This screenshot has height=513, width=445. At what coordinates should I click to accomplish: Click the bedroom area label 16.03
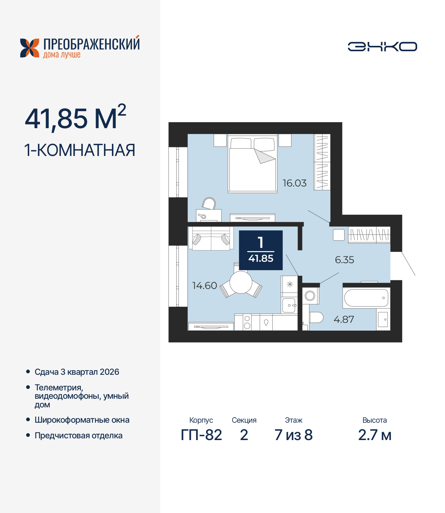[x=294, y=183]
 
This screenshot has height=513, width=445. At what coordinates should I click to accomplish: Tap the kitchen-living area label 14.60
[x=204, y=286]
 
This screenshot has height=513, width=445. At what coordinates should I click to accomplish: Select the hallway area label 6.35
[x=344, y=260]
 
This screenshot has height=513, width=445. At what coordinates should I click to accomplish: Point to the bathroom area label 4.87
[x=343, y=320]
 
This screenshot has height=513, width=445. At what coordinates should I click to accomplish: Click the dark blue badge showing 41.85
[x=261, y=250]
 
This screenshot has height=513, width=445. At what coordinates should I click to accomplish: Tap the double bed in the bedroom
[x=252, y=165]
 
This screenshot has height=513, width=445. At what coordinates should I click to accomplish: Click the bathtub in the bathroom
[x=366, y=298]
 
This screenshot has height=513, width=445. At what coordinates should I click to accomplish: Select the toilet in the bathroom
[x=316, y=317]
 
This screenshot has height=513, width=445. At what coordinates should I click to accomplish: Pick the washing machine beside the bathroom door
[x=310, y=296]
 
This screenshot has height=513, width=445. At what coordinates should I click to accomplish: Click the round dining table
[x=241, y=282]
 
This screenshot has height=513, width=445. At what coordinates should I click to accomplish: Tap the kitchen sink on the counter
[x=289, y=305]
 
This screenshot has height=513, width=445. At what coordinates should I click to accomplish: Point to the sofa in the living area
[x=211, y=239]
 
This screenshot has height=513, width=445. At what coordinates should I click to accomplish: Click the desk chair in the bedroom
[x=209, y=204]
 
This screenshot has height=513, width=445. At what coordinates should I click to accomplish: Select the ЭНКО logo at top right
[x=382, y=47]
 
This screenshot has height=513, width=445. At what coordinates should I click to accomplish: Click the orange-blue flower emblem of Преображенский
[x=30, y=48]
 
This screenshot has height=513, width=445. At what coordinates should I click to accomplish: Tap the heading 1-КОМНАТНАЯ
[x=80, y=150]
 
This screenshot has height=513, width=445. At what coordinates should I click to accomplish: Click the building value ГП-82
[x=201, y=435]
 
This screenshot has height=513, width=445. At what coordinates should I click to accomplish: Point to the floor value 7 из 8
[x=293, y=435]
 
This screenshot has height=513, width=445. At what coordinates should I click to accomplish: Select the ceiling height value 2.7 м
[x=374, y=435]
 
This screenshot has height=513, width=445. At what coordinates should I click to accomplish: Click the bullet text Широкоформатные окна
[x=82, y=420]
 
